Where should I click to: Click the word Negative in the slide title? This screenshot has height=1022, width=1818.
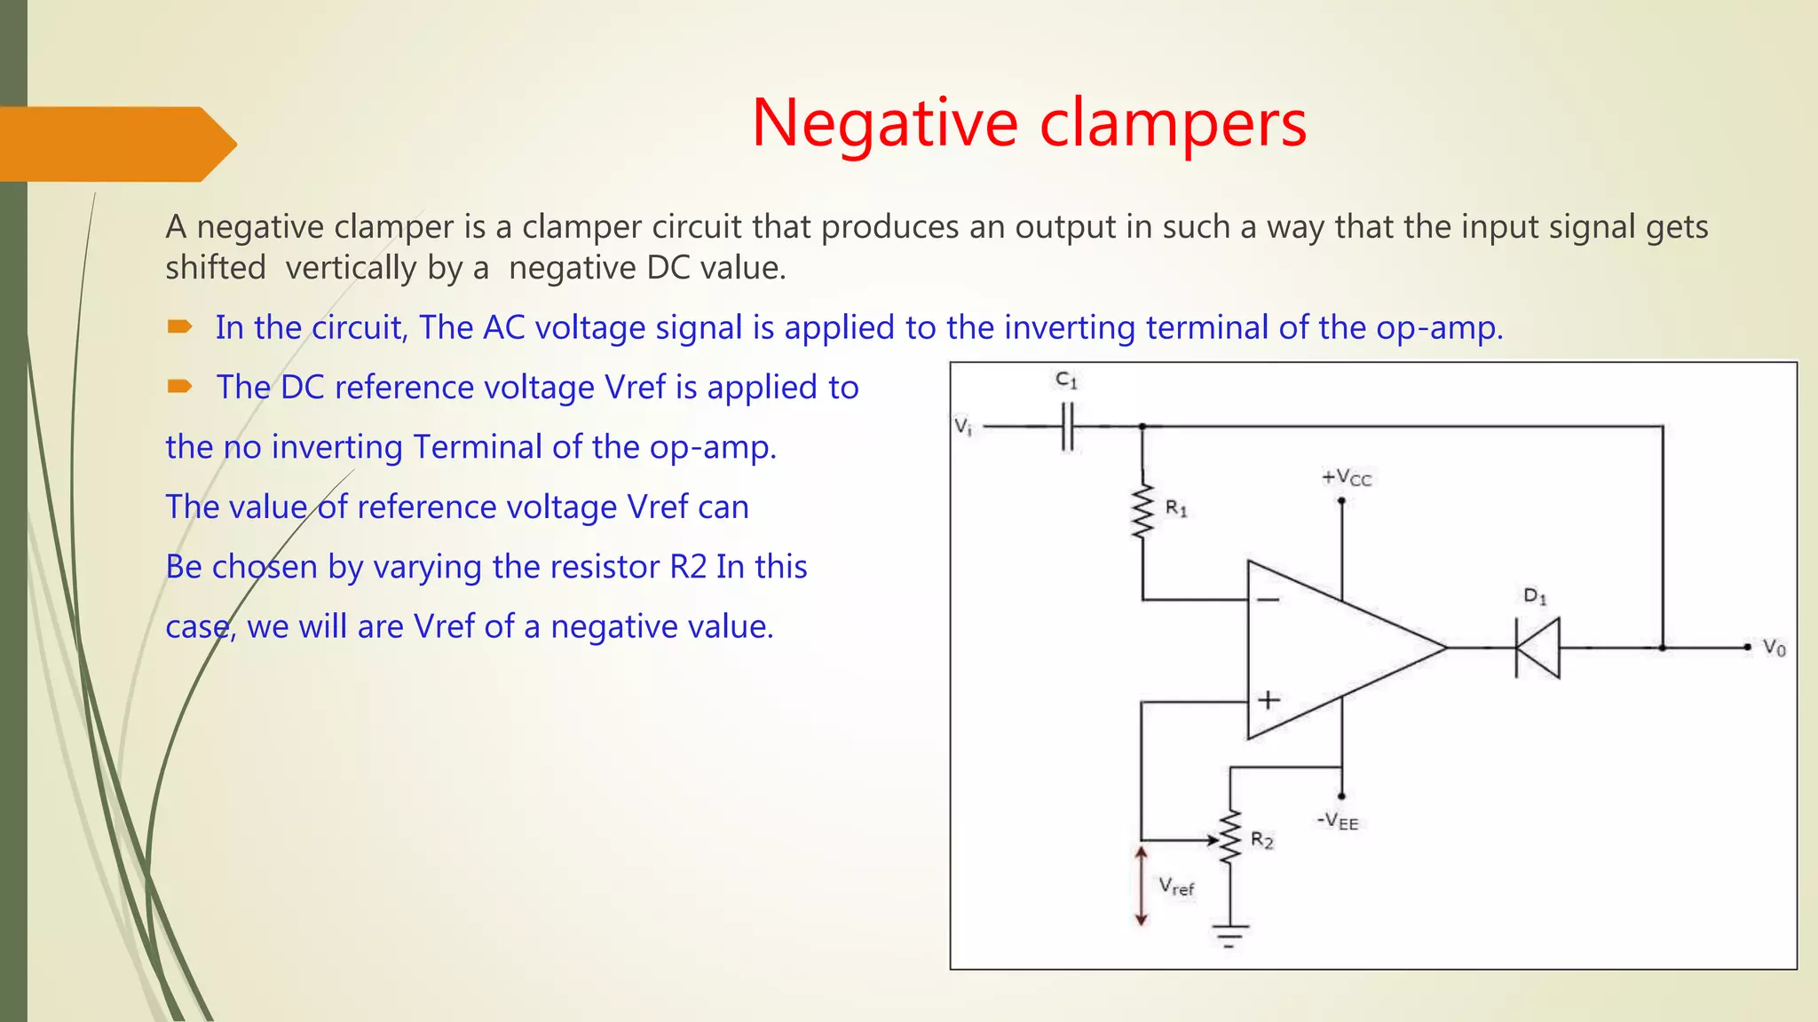click(x=884, y=123)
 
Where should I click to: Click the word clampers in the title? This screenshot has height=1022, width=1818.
click(x=1173, y=123)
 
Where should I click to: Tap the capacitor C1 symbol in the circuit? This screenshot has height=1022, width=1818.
click(x=1068, y=427)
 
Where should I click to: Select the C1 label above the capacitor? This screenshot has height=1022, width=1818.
click(x=1066, y=381)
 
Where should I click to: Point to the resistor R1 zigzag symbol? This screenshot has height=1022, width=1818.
click(x=1142, y=512)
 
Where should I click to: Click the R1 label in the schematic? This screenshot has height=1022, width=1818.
click(x=1176, y=508)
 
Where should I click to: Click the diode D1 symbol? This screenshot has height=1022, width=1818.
click(x=1537, y=649)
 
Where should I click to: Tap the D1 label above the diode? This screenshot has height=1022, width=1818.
click(x=1535, y=596)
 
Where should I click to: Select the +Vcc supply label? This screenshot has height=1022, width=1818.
click(x=1346, y=478)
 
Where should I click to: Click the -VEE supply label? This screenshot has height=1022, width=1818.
click(x=1338, y=821)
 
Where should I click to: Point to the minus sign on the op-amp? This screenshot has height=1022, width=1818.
click(x=1269, y=601)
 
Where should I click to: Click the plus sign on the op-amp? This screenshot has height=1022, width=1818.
click(x=1269, y=700)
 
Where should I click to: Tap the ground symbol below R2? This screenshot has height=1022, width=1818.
click(x=1230, y=934)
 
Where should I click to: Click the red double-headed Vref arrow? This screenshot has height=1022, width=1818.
click(x=1142, y=885)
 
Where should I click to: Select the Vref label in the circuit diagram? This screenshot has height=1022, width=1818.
click(x=1176, y=886)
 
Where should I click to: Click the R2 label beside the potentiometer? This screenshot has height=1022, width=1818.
click(x=1261, y=840)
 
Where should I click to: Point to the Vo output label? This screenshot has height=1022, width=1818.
click(x=1774, y=649)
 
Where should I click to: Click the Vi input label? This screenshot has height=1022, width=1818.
click(x=963, y=427)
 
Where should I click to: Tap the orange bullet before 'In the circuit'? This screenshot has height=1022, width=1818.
click(x=180, y=327)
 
